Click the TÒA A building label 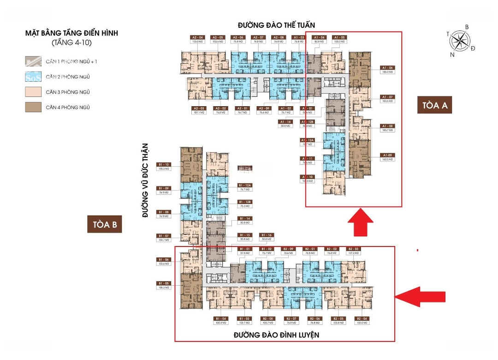[x=435, y=105]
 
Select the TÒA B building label [x=105, y=224]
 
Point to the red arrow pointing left [x=421, y=296]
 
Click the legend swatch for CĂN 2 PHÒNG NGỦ [x=34, y=77]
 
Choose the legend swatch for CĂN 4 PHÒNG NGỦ [x=34, y=107]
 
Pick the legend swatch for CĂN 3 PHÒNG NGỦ [x=34, y=92]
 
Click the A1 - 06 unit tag [x=387, y=67]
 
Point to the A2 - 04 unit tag [x=198, y=37]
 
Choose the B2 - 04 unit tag [x=362, y=318]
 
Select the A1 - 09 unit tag [x=387, y=155]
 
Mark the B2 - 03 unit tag [x=353, y=249]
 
